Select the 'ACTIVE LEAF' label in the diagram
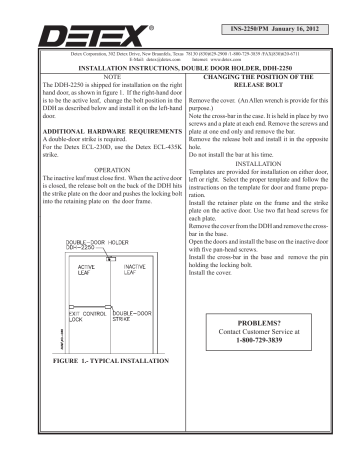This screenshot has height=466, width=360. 93,272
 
